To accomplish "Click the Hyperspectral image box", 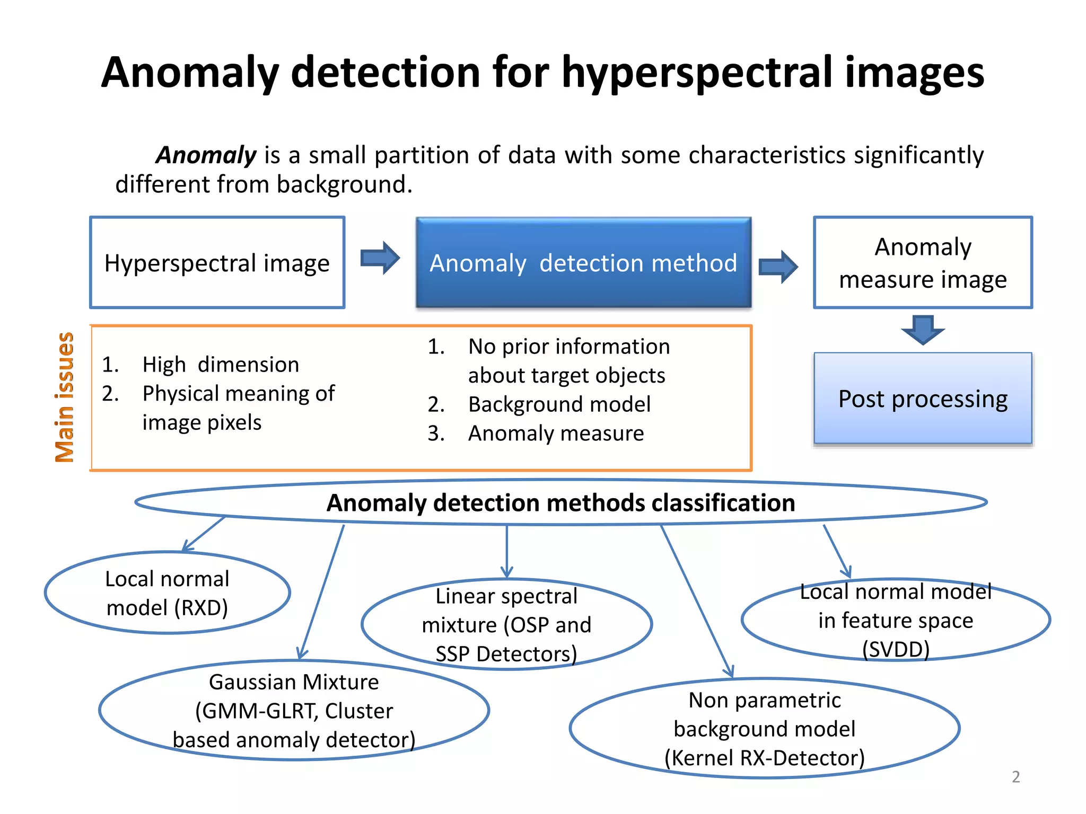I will point(217,263).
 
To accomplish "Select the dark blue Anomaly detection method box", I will point(583,263).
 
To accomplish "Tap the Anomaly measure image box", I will point(923,263).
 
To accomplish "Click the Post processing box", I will point(923,399).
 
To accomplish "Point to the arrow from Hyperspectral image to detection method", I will point(380,258).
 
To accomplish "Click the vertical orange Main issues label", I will point(65,397).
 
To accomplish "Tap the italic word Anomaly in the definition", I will point(206,155).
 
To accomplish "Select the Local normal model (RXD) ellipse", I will point(167,593).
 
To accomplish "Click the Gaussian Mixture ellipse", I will point(294,711).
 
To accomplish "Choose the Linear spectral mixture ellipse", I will point(506,625).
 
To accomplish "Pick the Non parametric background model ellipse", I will point(764,729).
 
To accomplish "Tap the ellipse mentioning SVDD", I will point(896,620).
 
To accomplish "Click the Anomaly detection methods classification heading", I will point(560,502).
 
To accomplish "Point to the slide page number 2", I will point(1015,777).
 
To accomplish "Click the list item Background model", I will point(559,404).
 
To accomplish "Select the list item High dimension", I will point(221,365).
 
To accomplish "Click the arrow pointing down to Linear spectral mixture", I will point(506,551).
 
